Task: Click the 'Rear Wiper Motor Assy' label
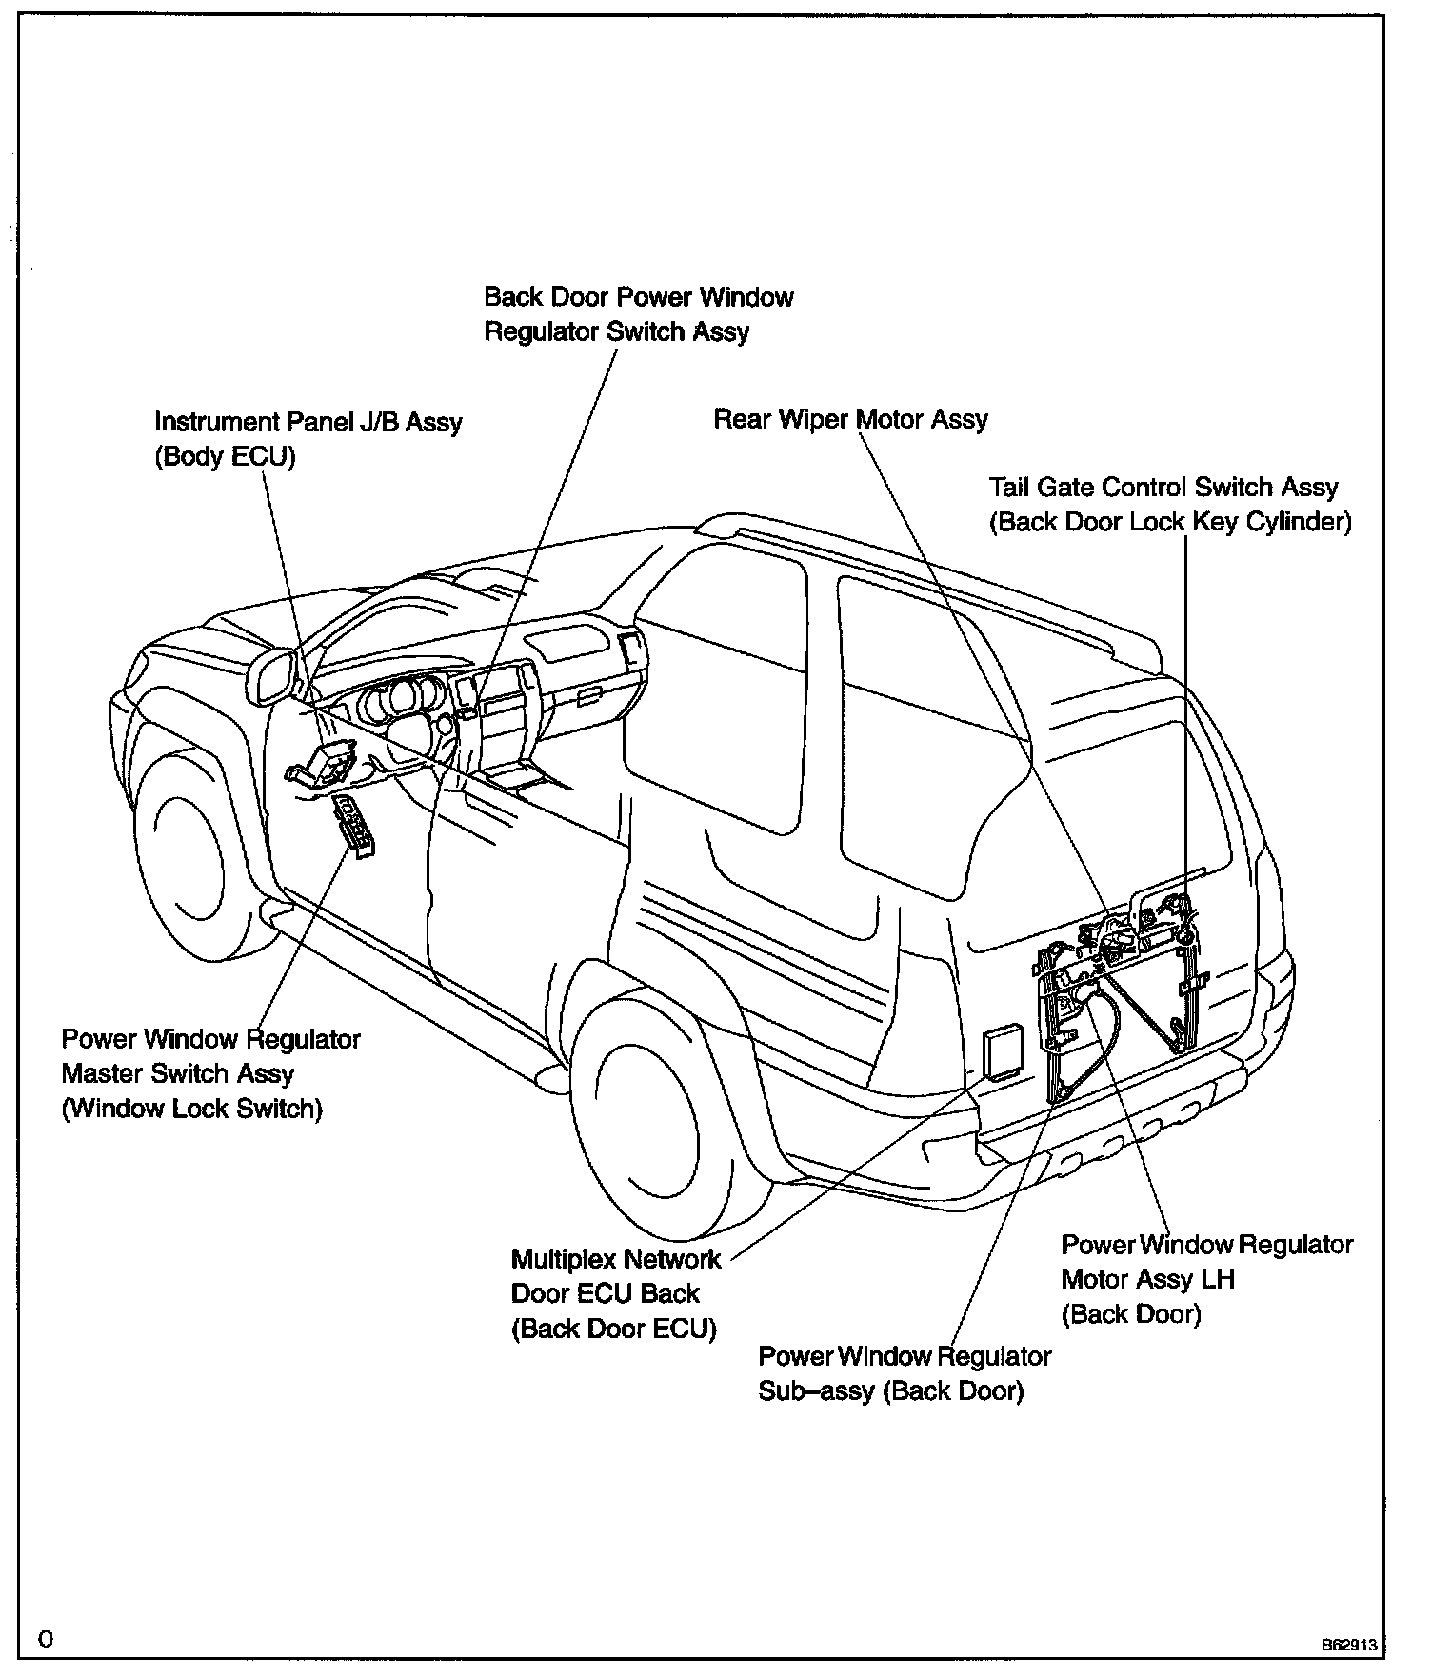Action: [x=850, y=420]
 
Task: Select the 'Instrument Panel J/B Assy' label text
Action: [x=308, y=422]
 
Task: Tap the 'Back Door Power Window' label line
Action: [x=638, y=297]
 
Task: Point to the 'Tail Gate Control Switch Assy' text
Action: [x=1163, y=488]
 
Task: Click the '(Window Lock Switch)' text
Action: [x=191, y=1110]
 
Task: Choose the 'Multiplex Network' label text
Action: [x=616, y=1260]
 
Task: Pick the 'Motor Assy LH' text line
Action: [x=1147, y=1279]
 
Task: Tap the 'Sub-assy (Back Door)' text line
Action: [x=890, y=1391]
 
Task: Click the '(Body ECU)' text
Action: [x=225, y=457]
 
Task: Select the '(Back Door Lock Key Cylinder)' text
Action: [x=1170, y=523]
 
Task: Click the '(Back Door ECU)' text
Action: [x=613, y=1329]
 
